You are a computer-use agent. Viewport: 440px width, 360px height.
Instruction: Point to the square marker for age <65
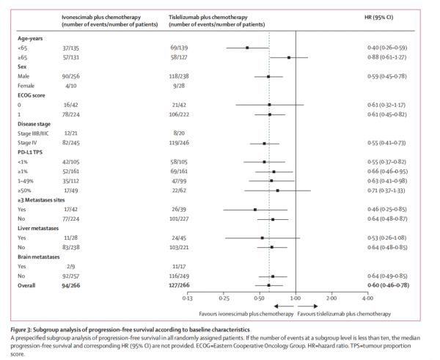click(247, 47)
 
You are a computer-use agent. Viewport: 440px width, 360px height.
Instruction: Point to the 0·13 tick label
click(188, 298)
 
